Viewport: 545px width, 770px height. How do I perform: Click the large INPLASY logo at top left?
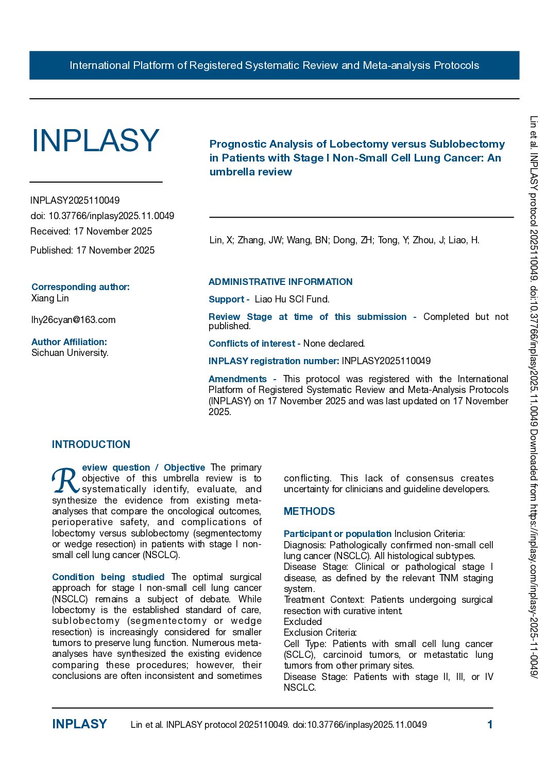pos(95,140)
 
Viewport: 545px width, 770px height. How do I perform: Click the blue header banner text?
pos(274,65)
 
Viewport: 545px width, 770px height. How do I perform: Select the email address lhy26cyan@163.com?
pos(73,320)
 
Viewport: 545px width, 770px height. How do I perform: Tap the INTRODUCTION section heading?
pos(91,444)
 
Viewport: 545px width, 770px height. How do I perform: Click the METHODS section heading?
pos(309,511)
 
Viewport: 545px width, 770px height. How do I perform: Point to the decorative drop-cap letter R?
pos(65,480)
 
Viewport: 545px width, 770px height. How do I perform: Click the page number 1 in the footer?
pos(490,725)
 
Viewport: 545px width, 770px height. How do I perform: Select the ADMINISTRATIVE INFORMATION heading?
pos(280,282)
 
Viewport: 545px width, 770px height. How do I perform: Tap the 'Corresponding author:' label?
pos(80,287)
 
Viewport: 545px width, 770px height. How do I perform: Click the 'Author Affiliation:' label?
pos(69,342)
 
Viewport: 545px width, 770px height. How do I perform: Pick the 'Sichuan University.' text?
pos(70,353)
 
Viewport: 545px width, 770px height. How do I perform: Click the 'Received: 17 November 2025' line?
pos(91,231)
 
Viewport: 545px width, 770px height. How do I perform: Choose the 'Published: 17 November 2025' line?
pos(92,250)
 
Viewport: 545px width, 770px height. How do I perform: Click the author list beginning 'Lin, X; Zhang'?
pos(344,240)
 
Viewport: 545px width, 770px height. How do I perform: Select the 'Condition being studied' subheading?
pos(108,577)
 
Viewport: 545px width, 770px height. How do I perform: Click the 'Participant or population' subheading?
pos(337,534)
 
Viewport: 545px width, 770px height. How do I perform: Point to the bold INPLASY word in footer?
pos(79,724)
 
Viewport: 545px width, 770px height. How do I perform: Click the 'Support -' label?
pos(229,299)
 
